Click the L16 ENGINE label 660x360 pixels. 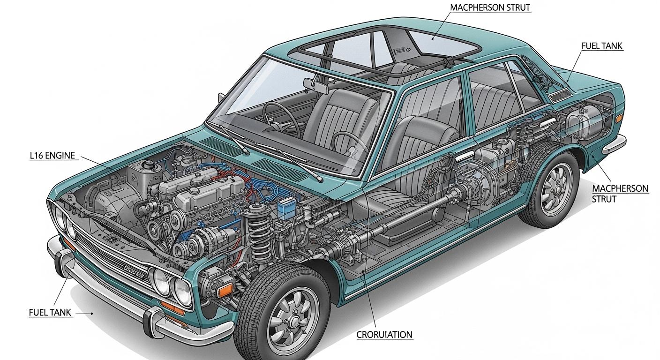click(52, 156)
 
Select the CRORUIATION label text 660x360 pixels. click(384, 335)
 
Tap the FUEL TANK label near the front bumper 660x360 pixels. click(50, 313)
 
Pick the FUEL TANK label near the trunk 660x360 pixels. click(602, 46)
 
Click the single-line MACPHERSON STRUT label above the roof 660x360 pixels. click(490, 7)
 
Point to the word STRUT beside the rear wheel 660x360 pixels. click(604, 199)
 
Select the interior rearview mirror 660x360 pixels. click(316, 86)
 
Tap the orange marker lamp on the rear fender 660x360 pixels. click(619, 119)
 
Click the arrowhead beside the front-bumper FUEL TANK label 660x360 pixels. click(91, 314)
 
